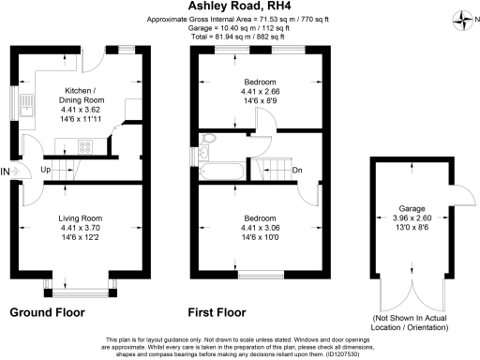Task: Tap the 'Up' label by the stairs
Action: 46,171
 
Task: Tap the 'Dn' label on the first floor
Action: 297,171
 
